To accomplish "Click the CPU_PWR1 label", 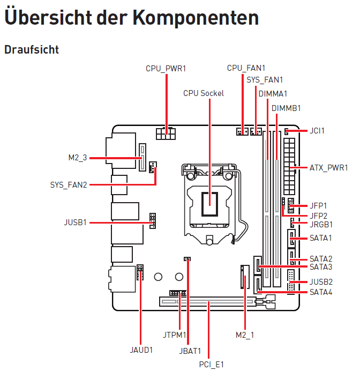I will pyautogui.click(x=166, y=68).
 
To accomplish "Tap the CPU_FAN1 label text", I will pyautogui.click(x=246, y=68).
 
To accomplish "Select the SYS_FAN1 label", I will pyautogui.click(x=265, y=80).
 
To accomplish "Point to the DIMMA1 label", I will pyautogui.click(x=273, y=93).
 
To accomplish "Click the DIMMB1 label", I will pyautogui.click(x=286, y=108).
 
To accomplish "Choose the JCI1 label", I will pyautogui.click(x=317, y=130).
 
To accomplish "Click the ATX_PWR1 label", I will pyautogui.click(x=328, y=168).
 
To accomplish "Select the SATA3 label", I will pyautogui.click(x=320, y=266).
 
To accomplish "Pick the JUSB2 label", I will pyautogui.click(x=321, y=281).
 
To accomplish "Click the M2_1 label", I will pyautogui.click(x=245, y=335).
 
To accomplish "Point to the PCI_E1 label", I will pyautogui.click(x=211, y=365).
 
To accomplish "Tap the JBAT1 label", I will pyautogui.click(x=190, y=351).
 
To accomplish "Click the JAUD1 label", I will pyautogui.click(x=141, y=350).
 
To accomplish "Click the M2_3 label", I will pyautogui.click(x=77, y=158).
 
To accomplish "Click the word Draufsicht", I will pyautogui.click(x=32, y=49).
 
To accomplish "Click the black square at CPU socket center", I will pyautogui.click(x=209, y=202).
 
